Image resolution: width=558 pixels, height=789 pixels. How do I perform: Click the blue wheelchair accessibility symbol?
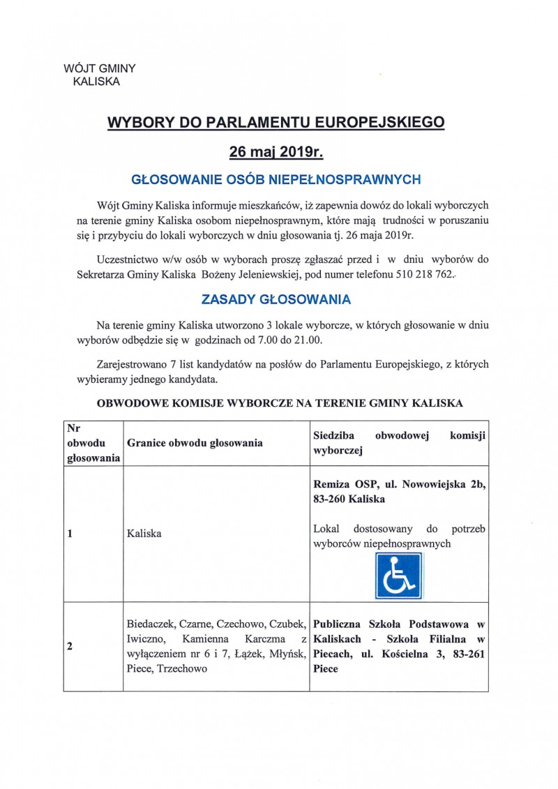pos(398,576)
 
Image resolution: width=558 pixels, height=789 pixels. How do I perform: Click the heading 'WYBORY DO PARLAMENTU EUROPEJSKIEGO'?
pos(276,123)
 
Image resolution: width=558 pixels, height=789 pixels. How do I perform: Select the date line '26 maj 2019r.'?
pos(276,151)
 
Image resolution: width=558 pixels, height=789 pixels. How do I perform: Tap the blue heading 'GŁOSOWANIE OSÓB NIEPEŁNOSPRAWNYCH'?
pos(276,179)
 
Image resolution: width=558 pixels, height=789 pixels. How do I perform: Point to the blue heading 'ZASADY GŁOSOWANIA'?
pos(276,300)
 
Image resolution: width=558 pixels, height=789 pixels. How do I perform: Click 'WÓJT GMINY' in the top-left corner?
pos(99,68)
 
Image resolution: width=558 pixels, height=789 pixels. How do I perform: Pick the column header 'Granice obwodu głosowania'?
pos(195,443)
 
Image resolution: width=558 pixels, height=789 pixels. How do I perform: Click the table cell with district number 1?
pos(70,534)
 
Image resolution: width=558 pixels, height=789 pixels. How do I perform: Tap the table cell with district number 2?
pos(70,646)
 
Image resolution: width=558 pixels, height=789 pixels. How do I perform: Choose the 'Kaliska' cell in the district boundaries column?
pos(144,534)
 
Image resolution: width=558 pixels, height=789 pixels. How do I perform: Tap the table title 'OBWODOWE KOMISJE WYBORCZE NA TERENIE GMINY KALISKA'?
pos(276,403)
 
